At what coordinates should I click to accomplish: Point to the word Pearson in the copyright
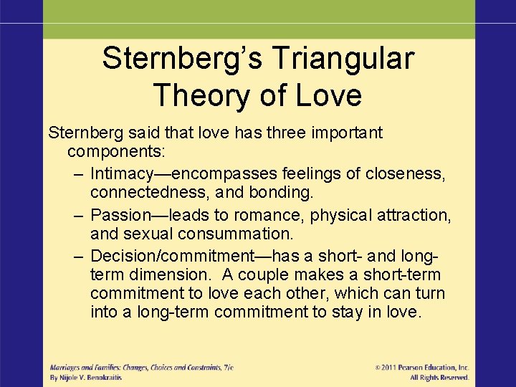(x=419, y=368)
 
